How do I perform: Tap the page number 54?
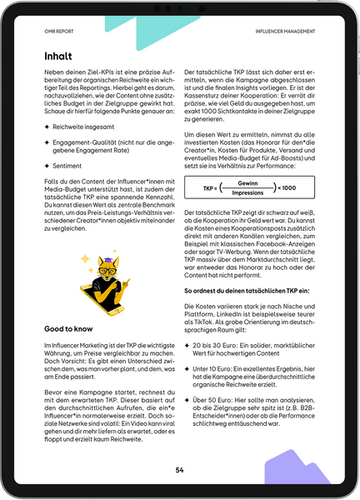coord(179,470)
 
